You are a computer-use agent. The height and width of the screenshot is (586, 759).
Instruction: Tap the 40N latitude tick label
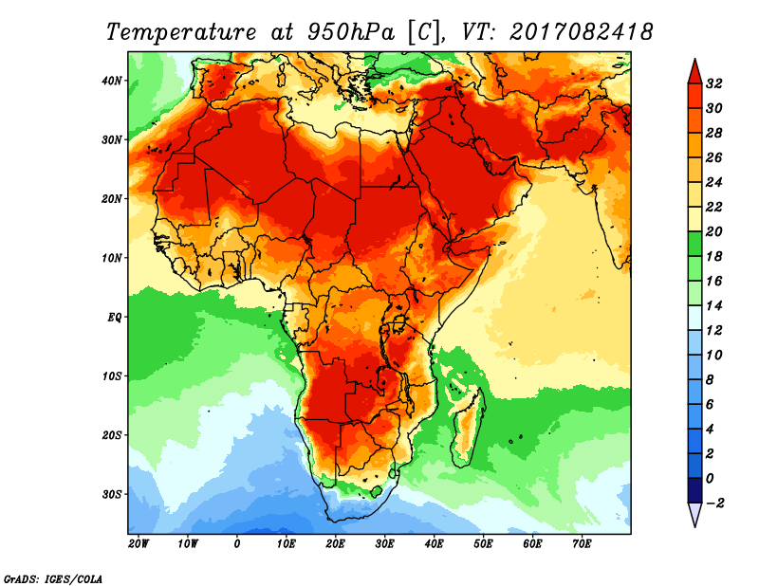point(112,81)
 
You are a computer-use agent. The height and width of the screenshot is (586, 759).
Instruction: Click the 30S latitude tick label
point(112,494)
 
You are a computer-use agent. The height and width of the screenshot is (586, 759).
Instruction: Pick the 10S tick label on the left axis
point(112,376)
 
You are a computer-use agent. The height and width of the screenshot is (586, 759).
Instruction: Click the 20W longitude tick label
point(138,544)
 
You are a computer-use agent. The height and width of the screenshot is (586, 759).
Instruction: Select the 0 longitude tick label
point(236,544)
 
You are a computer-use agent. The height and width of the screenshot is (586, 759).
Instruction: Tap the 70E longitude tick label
point(582,544)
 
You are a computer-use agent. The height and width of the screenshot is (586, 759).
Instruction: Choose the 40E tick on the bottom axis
point(434,544)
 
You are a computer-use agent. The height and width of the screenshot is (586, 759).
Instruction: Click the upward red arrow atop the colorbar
point(694,69)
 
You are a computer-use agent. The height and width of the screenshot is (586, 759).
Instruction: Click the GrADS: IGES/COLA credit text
point(53,577)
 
